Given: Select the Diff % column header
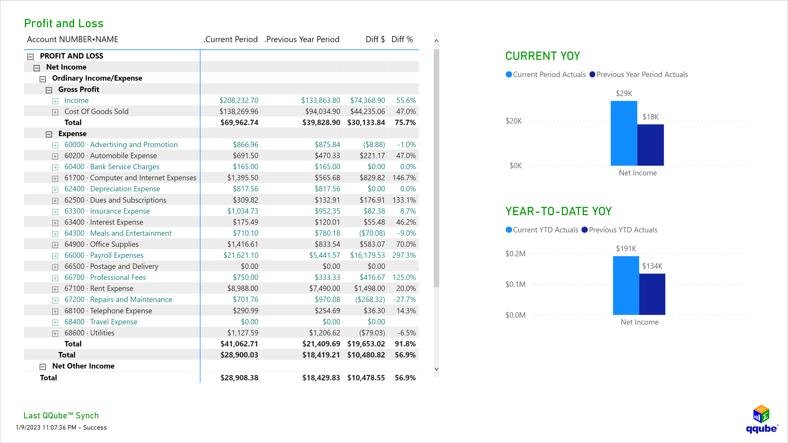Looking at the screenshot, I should pos(402,40).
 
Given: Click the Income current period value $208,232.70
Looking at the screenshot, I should pos(239,100).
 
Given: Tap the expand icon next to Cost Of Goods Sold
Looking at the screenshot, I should pos(55,112).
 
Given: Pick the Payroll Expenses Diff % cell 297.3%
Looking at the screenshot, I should pos(404,255).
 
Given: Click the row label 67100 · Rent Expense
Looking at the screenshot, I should pos(99,288).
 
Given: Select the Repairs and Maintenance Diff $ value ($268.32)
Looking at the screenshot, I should pos(370,299).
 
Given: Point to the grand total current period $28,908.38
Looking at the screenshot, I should pos(239,378).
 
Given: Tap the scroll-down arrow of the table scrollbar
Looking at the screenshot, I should pos(436,369).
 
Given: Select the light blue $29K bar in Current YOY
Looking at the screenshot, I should pos(624,133).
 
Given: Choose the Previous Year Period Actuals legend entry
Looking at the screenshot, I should pos(638,74).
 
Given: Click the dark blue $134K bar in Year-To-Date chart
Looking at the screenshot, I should pos(652,294).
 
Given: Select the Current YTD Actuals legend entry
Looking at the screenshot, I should pos(542,230).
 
